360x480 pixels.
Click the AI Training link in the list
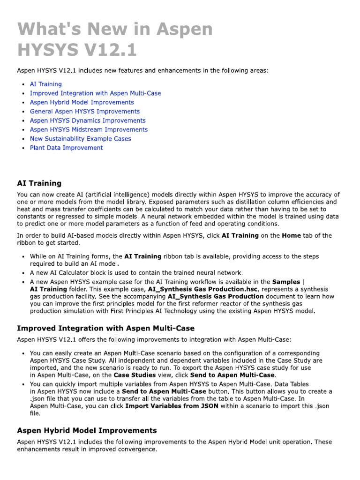[x=45, y=84]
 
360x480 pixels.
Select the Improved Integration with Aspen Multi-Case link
[x=95, y=93]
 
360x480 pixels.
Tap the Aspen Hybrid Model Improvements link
[x=82, y=102]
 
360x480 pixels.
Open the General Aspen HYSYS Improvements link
[x=84, y=112]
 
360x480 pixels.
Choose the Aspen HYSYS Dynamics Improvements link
[x=88, y=120]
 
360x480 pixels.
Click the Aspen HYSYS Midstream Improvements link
[x=89, y=129]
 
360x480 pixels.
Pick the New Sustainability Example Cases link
[x=80, y=139]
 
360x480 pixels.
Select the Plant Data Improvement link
[x=66, y=148]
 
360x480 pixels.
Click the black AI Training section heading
[x=39, y=183]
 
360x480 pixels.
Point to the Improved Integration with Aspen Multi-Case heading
[x=105, y=328]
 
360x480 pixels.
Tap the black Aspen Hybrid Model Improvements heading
[x=87, y=430]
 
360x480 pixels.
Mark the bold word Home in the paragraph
[x=291, y=236]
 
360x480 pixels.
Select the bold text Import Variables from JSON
[x=172, y=406]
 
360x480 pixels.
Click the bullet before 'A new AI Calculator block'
[x=23, y=273]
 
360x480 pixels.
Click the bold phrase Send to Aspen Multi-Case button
[x=164, y=391]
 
